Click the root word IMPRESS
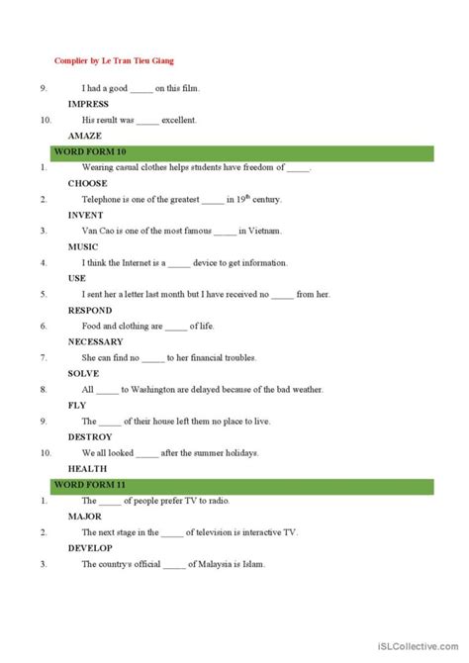click(x=88, y=104)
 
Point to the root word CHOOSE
click(x=87, y=183)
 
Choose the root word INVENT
click(x=85, y=215)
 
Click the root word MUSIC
click(x=83, y=246)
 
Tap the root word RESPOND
click(x=90, y=310)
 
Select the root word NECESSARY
click(x=95, y=341)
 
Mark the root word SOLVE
click(x=83, y=373)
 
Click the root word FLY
click(x=77, y=405)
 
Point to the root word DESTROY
click(x=90, y=436)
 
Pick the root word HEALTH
click(x=86, y=468)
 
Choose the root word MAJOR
click(x=85, y=516)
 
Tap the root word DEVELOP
click(x=90, y=547)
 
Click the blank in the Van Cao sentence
click(x=225, y=231)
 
